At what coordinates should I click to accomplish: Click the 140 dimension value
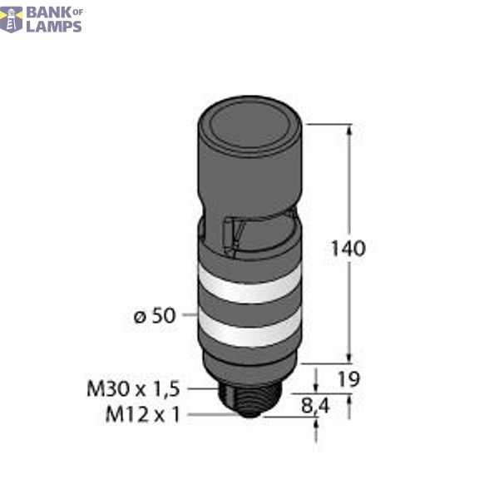pos(348,248)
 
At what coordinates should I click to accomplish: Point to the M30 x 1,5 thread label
pos(136,388)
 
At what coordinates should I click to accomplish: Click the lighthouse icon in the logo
pos(12,17)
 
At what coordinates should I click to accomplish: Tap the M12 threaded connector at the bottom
pos(249,408)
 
